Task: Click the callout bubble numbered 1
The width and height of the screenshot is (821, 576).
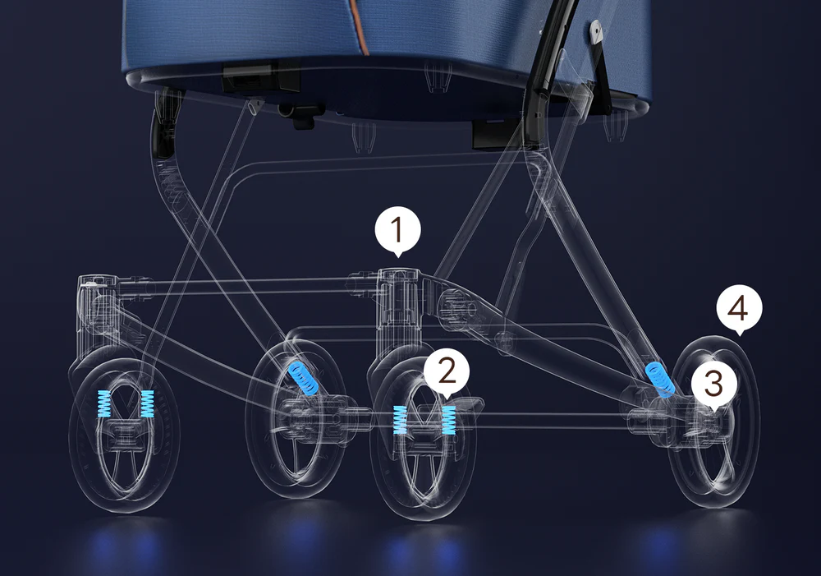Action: (397, 231)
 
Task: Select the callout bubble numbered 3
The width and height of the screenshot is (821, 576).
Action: (714, 383)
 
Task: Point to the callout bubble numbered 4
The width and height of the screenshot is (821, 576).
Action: (739, 309)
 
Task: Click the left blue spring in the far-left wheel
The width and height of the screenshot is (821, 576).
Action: (103, 404)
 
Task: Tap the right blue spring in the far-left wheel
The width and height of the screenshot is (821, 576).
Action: (147, 404)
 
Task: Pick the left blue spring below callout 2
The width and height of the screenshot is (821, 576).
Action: (400, 420)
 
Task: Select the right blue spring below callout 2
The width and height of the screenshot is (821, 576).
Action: (449, 421)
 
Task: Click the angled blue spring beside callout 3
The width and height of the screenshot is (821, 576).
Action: (658, 379)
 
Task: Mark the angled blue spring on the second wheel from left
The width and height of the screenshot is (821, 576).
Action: (304, 377)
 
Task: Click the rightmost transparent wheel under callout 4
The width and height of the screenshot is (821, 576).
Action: (715, 422)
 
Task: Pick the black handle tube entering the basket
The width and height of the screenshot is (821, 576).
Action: (547, 53)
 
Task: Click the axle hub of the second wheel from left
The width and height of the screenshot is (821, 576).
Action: (300, 414)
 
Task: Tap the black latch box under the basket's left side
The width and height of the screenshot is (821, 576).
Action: (260, 76)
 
